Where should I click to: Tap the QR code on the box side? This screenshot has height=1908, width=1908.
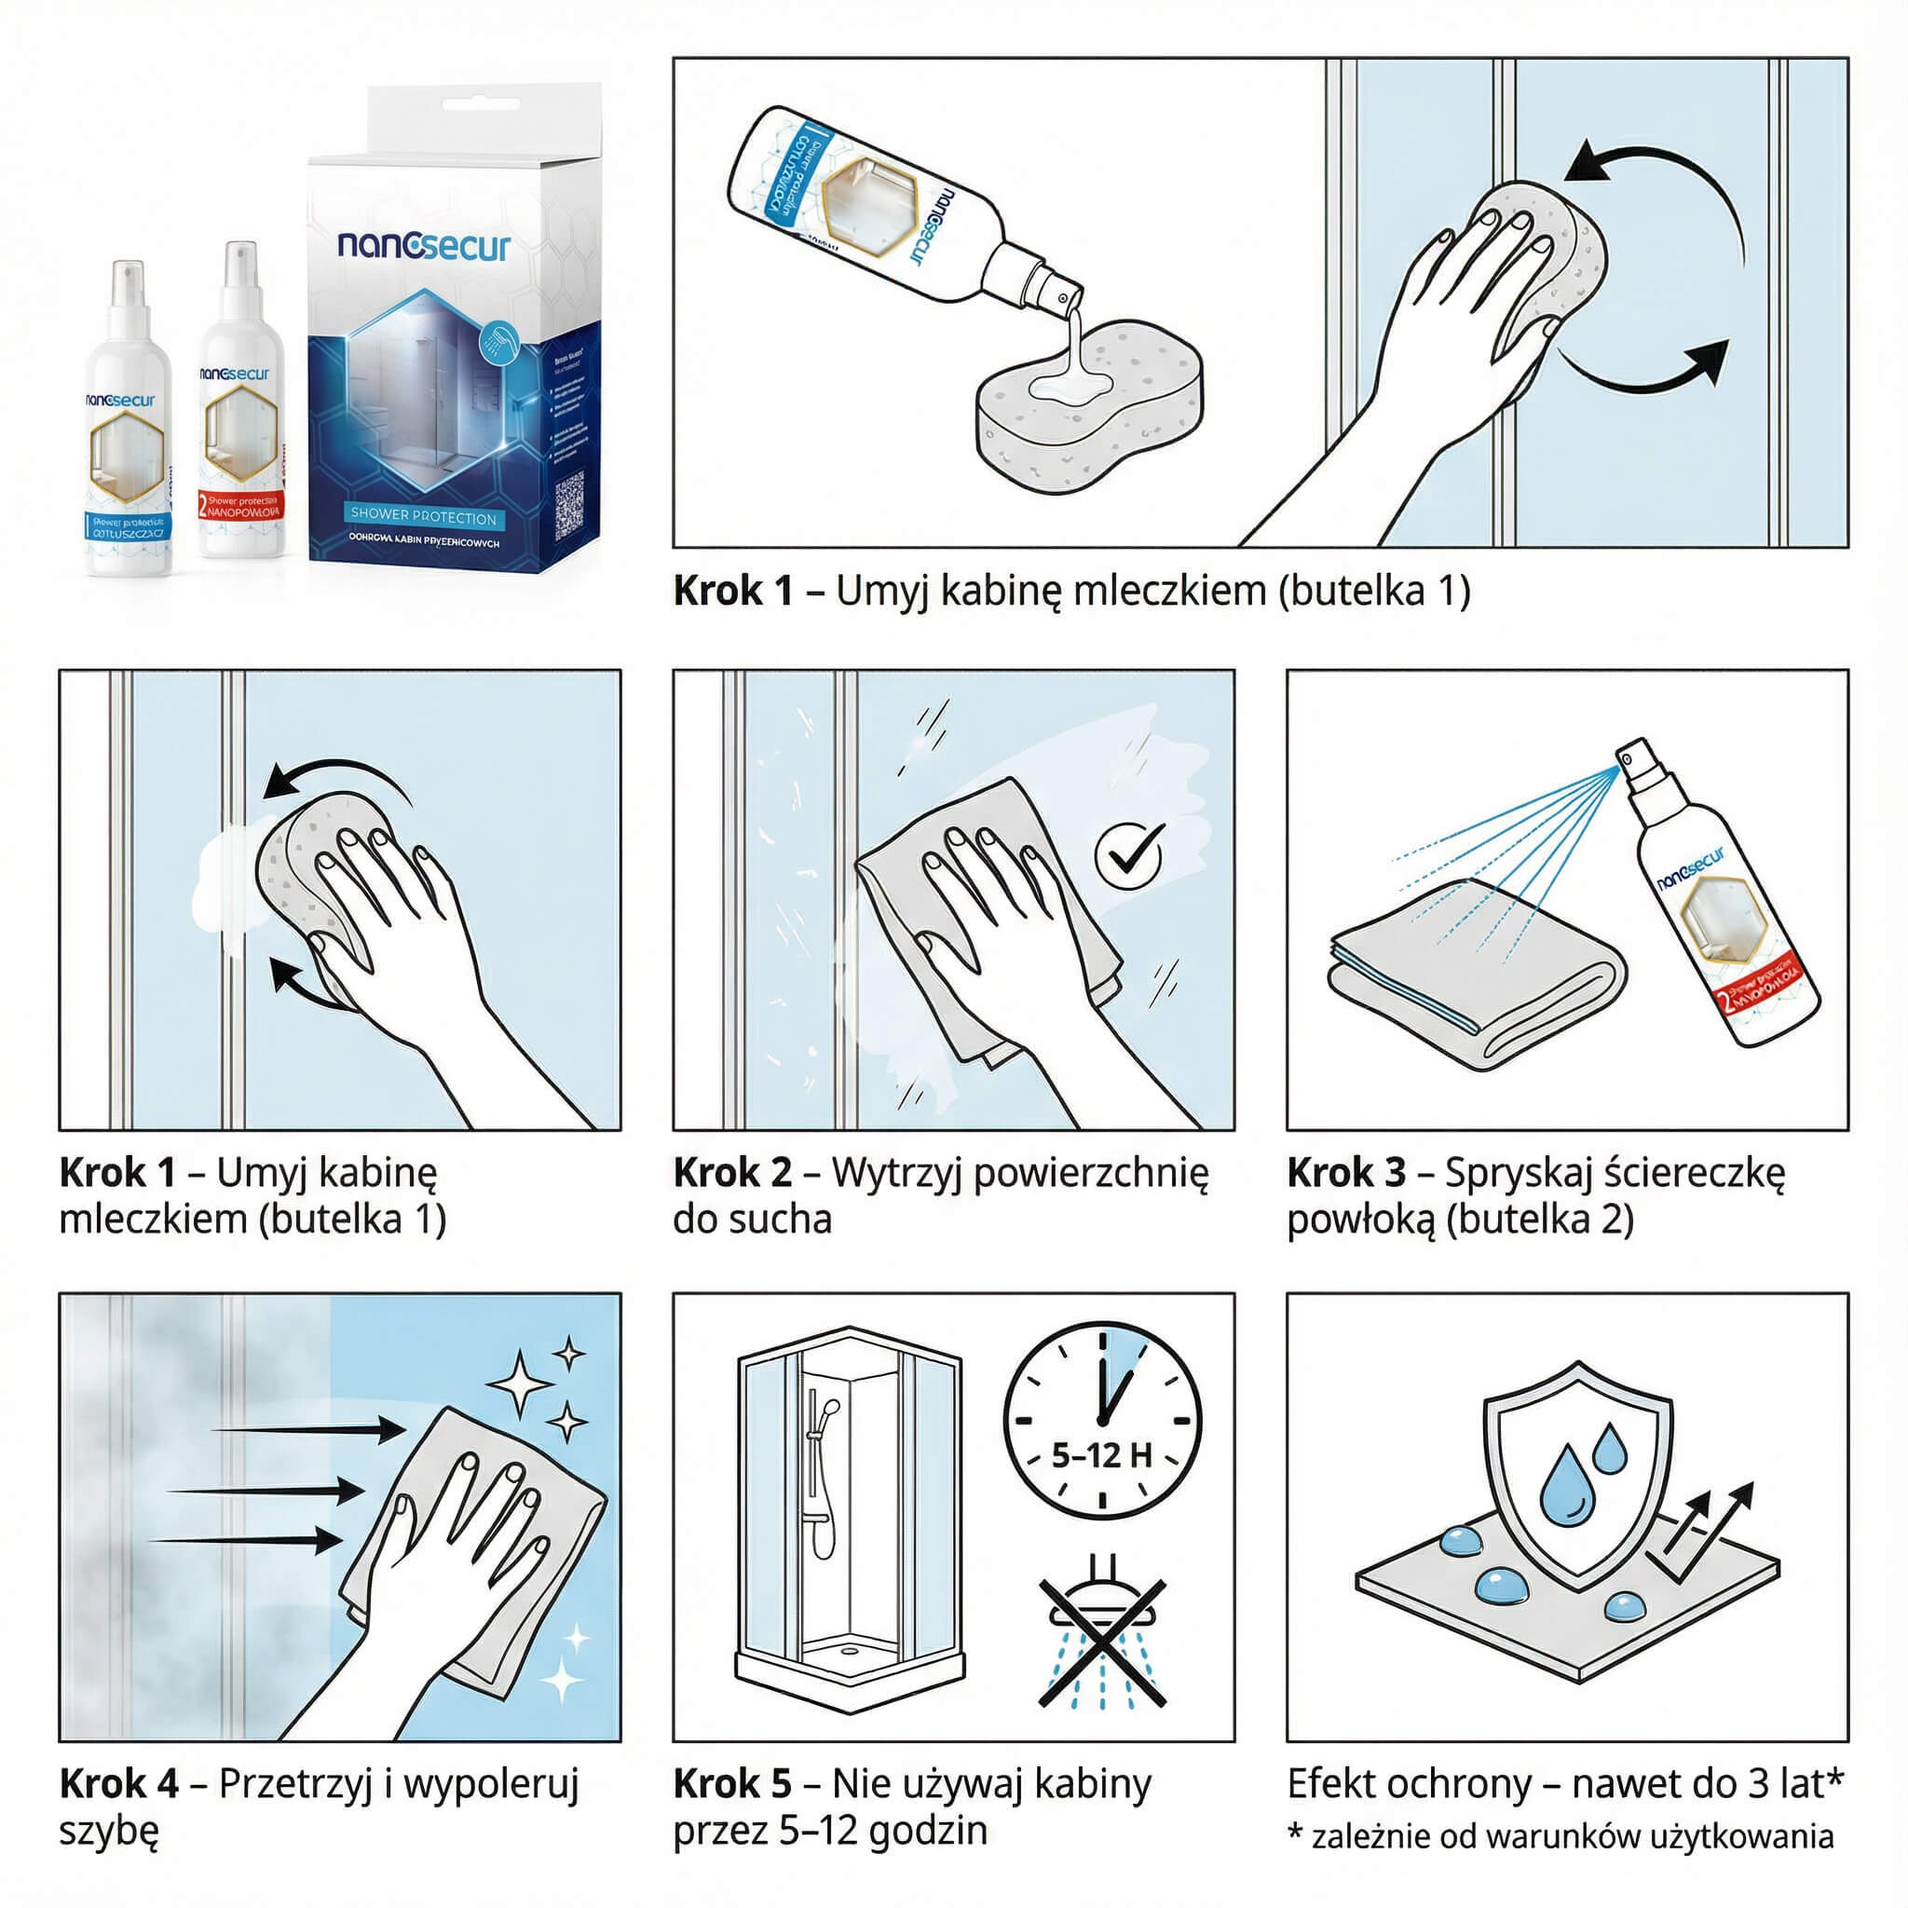point(569,506)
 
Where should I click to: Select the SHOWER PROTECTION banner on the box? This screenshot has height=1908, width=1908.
point(424,517)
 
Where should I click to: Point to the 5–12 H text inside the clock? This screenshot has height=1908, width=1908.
point(1101,1456)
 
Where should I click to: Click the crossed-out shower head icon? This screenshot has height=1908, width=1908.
point(1102,1643)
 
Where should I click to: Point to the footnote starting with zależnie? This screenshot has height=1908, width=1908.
point(1570,1837)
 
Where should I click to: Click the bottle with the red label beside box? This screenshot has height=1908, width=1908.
point(240,405)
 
